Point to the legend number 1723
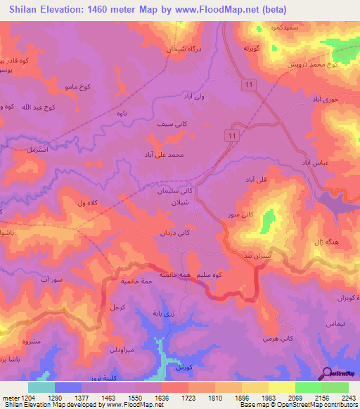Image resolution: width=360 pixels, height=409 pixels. [x=172, y=398]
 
